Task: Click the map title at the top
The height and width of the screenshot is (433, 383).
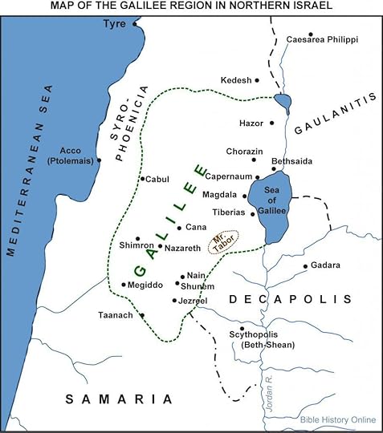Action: (191, 6)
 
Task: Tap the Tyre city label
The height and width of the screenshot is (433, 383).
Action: (115, 25)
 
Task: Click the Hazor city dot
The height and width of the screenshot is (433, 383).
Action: (272, 123)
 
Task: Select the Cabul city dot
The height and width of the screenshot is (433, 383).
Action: (141, 179)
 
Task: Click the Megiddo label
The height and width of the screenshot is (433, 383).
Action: (146, 285)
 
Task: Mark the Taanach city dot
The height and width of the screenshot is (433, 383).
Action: (142, 316)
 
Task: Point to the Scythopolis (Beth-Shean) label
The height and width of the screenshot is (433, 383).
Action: (268, 340)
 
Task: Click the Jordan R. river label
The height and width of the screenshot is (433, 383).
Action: (271, 393)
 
